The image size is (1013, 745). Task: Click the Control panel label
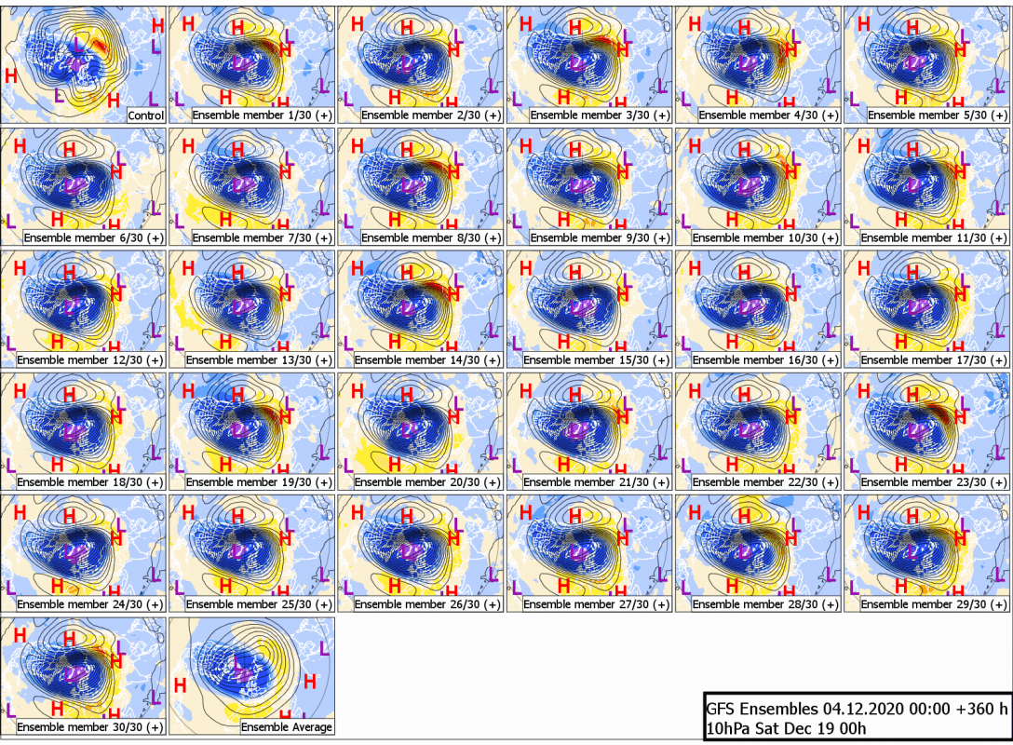[146, 115]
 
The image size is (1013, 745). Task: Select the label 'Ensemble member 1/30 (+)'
[263, 115]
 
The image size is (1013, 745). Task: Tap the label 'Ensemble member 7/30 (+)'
[263, 237]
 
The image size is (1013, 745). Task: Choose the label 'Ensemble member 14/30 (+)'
[427, 359]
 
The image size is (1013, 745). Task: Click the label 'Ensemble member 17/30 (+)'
[934, 359]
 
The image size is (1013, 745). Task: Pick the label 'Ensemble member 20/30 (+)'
[427, 482]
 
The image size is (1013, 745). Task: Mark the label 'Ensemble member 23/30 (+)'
[934, 482]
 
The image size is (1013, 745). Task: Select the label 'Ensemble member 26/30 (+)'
[427, 604]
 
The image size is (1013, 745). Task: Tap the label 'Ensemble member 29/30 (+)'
[934, 604]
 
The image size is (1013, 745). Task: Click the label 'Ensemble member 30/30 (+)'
[89, 727]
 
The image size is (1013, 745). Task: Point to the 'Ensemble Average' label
[287, 727]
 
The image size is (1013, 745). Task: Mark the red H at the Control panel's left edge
[11, 75]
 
